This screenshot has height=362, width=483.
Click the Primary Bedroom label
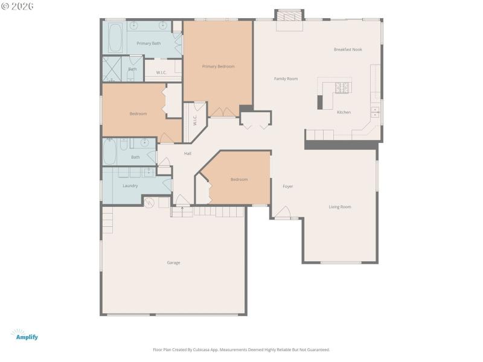[x=218, y=66]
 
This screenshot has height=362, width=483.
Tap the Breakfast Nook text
[x=348, y=49]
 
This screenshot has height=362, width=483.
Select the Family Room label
[x=286, y=78]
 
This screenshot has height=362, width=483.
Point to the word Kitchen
[x=344, y=112]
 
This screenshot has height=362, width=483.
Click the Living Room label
[x=339, y=207]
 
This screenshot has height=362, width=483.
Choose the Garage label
[x=173, y=262]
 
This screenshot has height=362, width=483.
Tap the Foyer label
[x=288, y=186]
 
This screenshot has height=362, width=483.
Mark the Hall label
[x=188, y=154]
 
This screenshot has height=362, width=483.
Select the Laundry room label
[x=130, y=186]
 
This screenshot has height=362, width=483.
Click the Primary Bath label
[x=148, y=43]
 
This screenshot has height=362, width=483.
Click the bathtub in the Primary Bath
[x=115, y=37]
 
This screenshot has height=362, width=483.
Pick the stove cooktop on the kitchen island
[x=342, y=87]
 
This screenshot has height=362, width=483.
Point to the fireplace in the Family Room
[x=289, y=19]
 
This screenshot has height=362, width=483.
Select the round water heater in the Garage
[x=149, y=203]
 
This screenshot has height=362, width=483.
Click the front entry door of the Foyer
[x=282, y=212]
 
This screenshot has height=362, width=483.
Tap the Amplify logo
[x=25, y=335]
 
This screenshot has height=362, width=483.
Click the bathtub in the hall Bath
[x=110, y=151]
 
